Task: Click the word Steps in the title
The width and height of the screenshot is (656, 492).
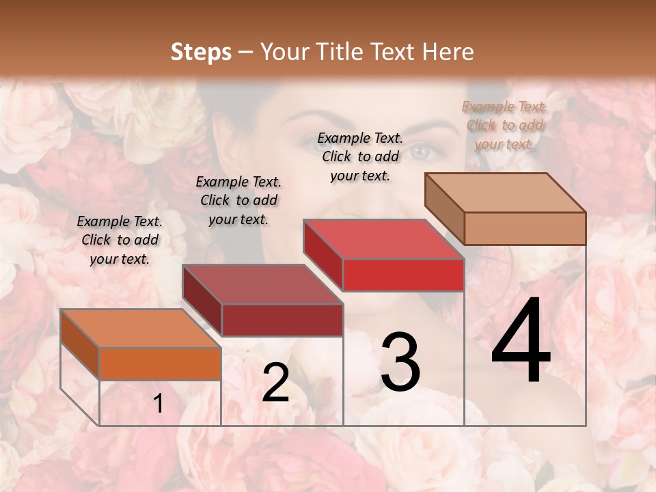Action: (x=200, y=52)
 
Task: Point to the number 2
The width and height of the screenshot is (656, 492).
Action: (x=275, y=383)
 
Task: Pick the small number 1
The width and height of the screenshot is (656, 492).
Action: (x=159, y=404)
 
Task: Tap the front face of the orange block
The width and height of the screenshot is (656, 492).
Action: (x=160, y=364)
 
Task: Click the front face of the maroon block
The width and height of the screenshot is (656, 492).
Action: (x=282, y=320)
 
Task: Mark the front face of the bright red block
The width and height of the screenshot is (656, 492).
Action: (x=403, y=275)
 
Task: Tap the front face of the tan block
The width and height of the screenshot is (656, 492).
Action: (x=525, y=228)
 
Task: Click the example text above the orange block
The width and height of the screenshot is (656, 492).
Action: (x=120, y=240)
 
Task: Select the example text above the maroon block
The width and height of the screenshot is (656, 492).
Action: (x=238, y=200)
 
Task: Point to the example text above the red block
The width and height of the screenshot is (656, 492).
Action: (x=360, y=156)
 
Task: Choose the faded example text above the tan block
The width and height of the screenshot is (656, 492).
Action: (x=504, y=125)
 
